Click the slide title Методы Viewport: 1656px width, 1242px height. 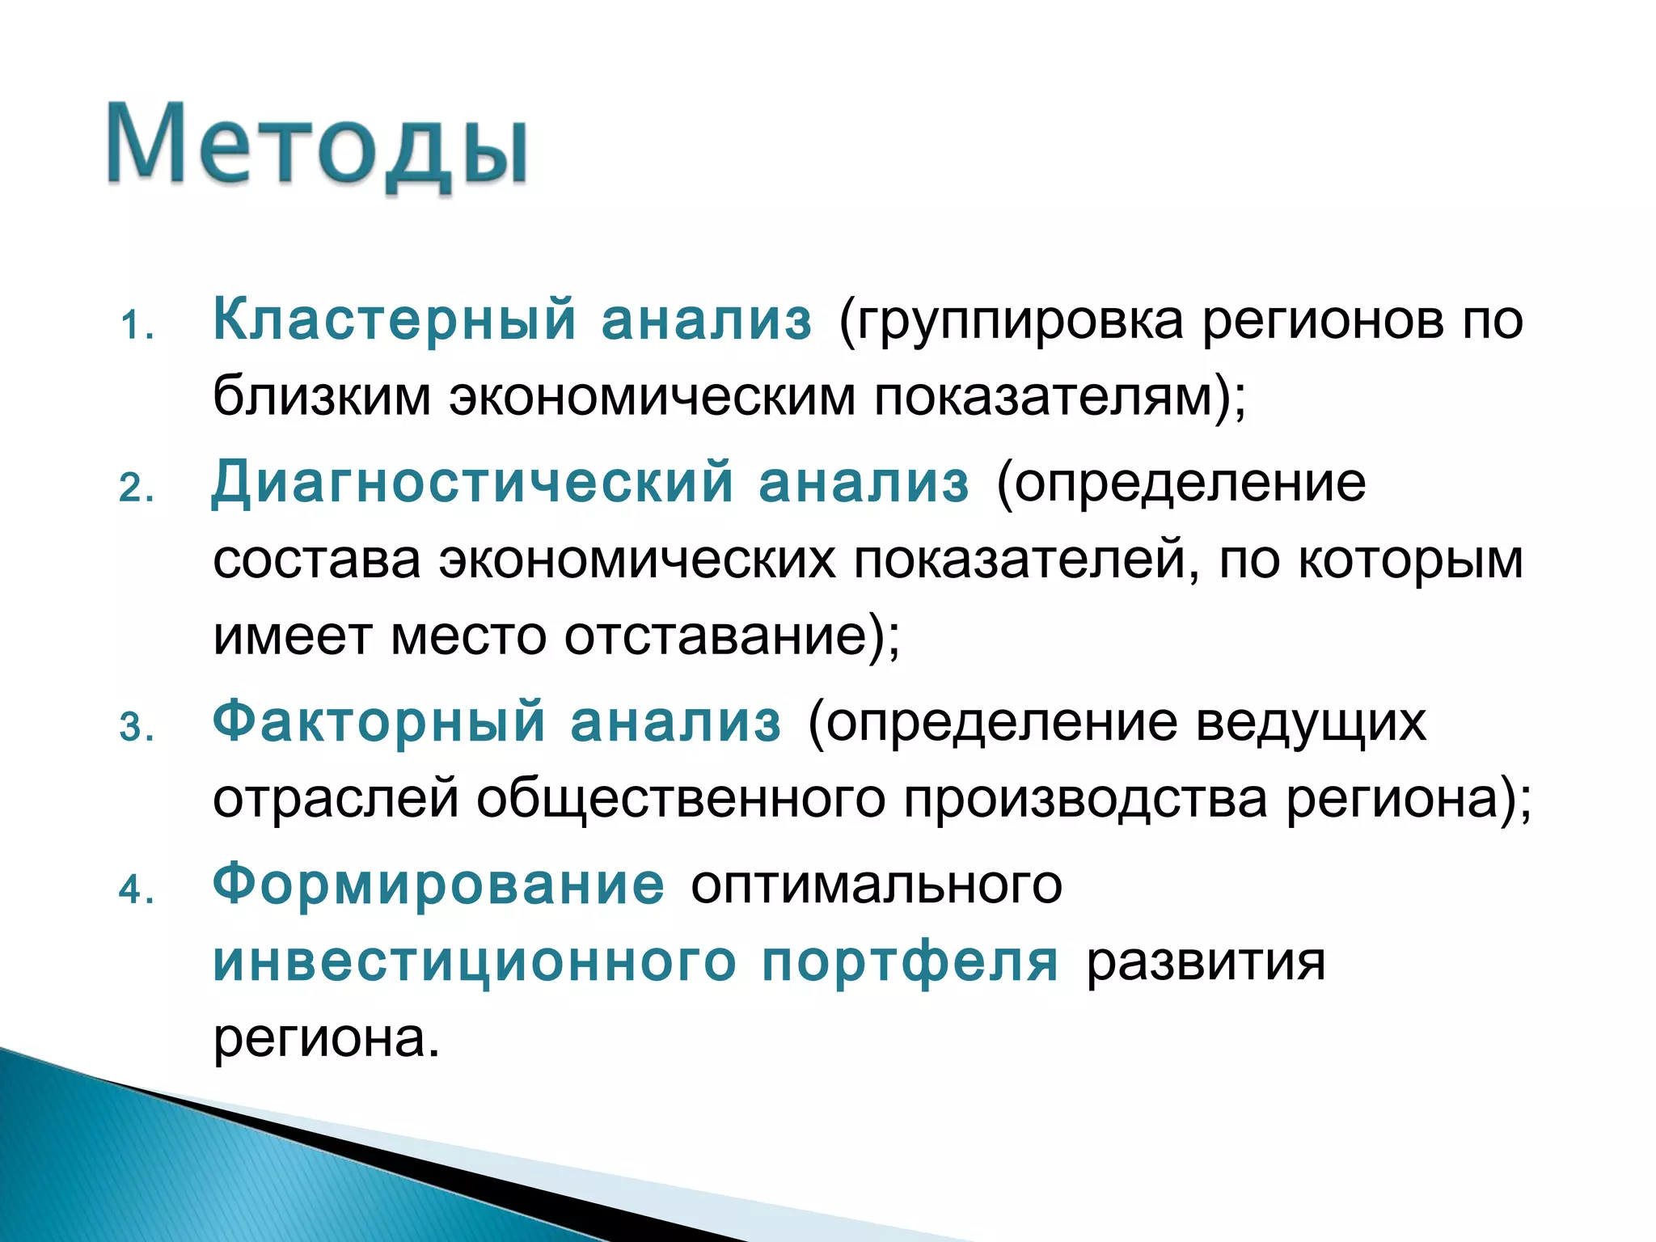317,146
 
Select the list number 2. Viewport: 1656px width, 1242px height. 136,488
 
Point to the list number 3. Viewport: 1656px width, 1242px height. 136,727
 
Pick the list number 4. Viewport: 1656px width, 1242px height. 136,890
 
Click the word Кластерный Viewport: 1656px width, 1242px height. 395,319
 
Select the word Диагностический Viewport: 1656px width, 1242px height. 472,482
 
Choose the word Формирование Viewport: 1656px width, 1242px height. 438,884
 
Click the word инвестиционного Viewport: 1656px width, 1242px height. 475,961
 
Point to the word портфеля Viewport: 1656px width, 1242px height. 910,961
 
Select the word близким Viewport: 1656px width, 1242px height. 322,397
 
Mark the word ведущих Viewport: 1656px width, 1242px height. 1311,722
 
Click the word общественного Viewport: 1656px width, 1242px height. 680,800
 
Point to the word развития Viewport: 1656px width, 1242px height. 1205,963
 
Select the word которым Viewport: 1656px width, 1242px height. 1410,560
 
